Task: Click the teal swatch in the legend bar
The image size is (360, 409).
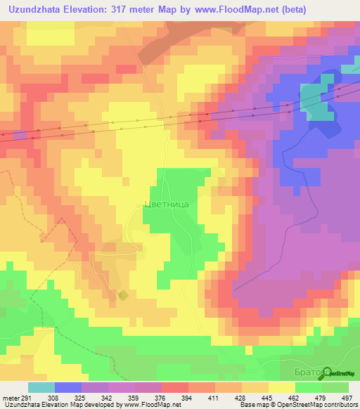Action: coord(41,387)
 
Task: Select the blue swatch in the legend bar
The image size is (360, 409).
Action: coord(68,387)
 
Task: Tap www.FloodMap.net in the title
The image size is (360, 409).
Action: coord(240,8)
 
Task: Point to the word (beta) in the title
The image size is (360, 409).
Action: coord(300,8)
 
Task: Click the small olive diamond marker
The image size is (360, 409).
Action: coord(123,295)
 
